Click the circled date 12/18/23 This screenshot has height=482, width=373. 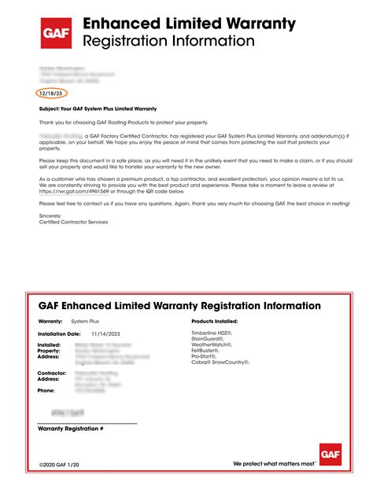50,94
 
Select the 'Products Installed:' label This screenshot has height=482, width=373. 215,322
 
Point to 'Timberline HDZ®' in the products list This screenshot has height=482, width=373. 213,333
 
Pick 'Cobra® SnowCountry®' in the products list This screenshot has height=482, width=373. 220,362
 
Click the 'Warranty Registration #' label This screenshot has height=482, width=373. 71,429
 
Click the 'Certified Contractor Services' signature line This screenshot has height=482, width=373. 74,223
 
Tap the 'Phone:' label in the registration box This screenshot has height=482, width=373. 46,390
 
